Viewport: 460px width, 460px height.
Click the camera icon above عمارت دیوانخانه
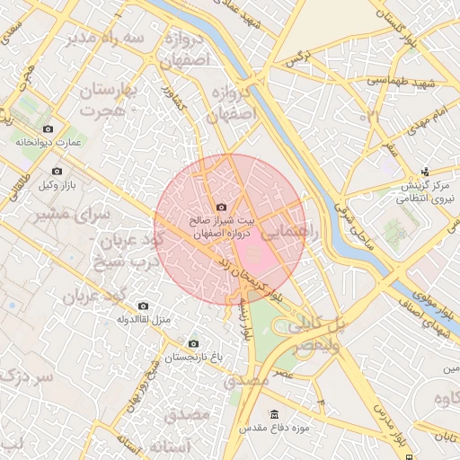pyautogui.click(x=48, y=129)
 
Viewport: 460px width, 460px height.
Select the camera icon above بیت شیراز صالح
pyautogui.click(x=222, y=208)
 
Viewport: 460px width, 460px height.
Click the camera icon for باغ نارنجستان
pyautogui.click(x=193, y=344)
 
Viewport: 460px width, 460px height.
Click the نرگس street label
pyautogui.click(x=297, y=58)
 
